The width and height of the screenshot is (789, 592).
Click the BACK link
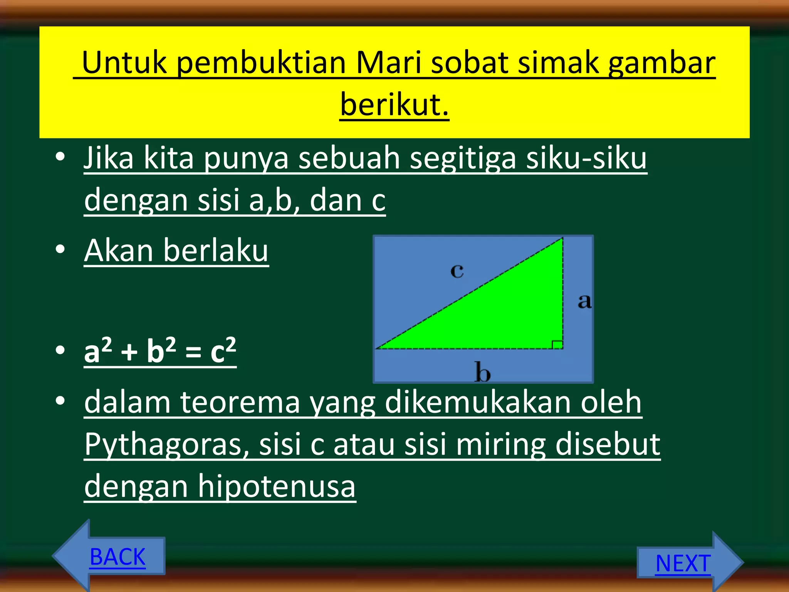pyautogui.click(x=118, y=557)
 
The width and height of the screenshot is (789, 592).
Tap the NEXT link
pyautogui.click(x=683, y=563)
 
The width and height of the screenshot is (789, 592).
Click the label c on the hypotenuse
pyautogui.click(x=457, y=271)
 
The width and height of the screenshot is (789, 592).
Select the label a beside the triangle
pyautogui.click(x=584, y=301)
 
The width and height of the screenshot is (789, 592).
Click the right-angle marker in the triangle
pyautogui.click(x=557, y=345)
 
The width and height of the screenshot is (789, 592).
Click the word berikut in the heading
pyautogui.click(x=394, y=104)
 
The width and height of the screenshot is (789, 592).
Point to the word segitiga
pyautogui.click(x=463, y=158)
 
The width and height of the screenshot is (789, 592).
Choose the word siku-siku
pyautogui.click(x=586, y=158)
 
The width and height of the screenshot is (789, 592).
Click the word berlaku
pyautogui.click(x=216, y=251)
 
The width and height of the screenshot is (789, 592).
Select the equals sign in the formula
pyautogui.click(x=193, y=352)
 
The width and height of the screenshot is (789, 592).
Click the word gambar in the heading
pyautogui.click(x=661, y=62)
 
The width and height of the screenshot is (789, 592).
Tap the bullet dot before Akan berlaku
pyautogui.click(x=60, y=249)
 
